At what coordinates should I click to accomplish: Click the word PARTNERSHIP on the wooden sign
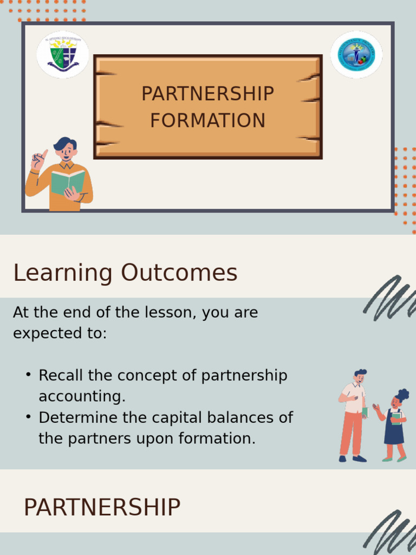point(207,94)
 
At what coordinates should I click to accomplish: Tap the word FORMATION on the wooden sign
point(207,120)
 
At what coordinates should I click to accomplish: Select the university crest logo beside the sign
point(63,55)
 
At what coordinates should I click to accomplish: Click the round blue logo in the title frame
point(356,55)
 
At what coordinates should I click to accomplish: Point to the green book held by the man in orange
point(68,182)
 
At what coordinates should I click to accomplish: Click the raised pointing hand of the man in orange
point(38,160)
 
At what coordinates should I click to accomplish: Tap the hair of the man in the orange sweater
point(64,144)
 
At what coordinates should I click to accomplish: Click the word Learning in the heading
point(63,273)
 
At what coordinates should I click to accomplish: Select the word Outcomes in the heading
point(179,273)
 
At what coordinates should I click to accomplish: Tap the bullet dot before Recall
point(28,375)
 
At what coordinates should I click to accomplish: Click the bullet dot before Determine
point(28,417)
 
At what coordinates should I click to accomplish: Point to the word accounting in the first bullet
point(82,397)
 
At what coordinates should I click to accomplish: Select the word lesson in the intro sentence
point(167,313)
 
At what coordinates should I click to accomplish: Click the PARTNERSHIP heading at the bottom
point(102,508)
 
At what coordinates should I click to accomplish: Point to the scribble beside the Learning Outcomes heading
point(389,298)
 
